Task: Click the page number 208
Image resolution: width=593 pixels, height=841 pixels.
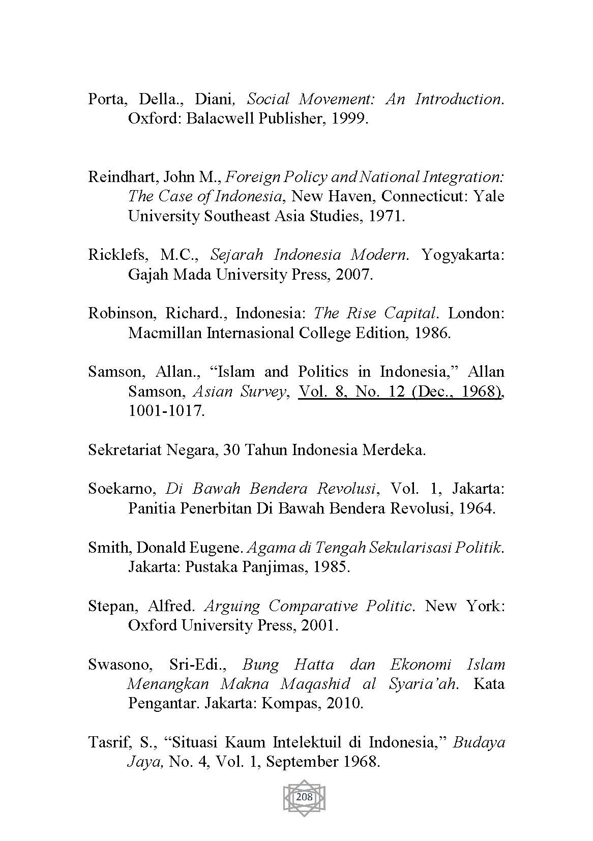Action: [x=304, y=797]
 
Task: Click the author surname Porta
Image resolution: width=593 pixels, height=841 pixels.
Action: [x=106, y=99]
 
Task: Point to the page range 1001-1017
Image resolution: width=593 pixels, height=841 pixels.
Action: [x=166, y=411]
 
